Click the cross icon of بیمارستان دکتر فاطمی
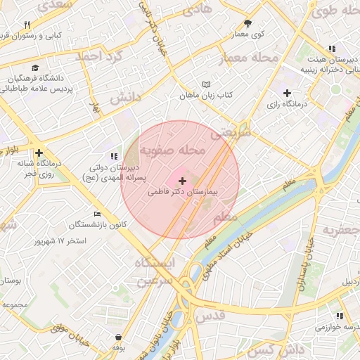[x=183, y=181]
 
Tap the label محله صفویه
[x=172, y=150]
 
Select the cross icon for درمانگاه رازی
[x=287, y=93]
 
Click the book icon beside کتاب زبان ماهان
[x=205, y=84]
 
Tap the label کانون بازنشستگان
[x=98, y=225]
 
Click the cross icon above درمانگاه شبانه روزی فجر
[x=39, y=153]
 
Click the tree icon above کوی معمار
[x=247, y=23]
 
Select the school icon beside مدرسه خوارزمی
[x=340, y=316]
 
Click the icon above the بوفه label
[x=118, y=337]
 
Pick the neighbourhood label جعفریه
[x=340, y=230]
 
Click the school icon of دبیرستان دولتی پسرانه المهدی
[x=114, y=156]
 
